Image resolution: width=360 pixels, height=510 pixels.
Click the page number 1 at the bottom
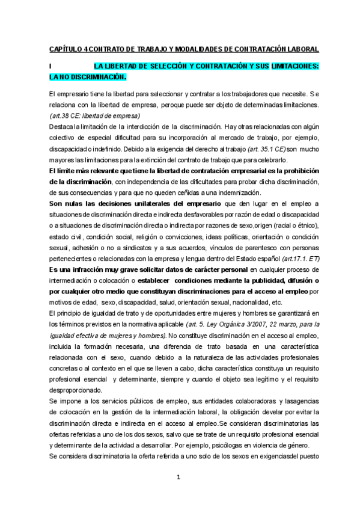coord(179,478)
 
